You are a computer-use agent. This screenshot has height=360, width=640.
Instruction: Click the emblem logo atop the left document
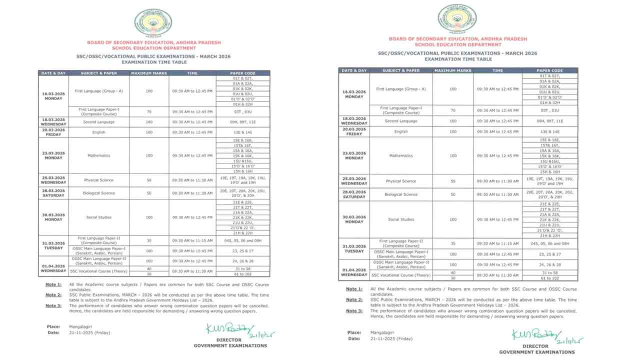tap(153, 22)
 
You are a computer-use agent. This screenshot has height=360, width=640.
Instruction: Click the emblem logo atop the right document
tap(457, 19)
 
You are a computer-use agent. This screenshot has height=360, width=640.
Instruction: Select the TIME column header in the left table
tap(192, 73)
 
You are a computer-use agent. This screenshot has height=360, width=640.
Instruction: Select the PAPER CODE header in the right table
tap(549, 70)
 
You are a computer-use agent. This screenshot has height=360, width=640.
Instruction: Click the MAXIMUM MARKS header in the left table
tap(148, 73)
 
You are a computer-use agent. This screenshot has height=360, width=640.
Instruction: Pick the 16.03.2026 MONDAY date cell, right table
tap(354, 94)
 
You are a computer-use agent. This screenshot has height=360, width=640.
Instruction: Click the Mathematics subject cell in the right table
tap(401, 155)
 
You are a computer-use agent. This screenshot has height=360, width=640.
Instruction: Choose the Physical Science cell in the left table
tap(98, 180)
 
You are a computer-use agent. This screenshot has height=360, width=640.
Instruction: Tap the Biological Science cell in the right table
tap(401, 194)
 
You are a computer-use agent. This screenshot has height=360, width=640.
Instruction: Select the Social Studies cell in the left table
tap(98, 217)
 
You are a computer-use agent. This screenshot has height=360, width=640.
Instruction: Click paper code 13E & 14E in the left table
tap(243, 132)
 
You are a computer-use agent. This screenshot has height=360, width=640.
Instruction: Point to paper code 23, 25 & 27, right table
tap(549, 254)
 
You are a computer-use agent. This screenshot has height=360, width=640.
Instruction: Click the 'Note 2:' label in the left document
tap(53, 295)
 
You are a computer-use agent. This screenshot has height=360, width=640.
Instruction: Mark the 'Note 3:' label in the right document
tap(354, 311)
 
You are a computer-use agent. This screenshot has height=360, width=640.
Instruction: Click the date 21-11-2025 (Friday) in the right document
tap(391, 338)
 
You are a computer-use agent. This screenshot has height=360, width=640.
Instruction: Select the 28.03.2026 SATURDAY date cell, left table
tap(53, 193)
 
